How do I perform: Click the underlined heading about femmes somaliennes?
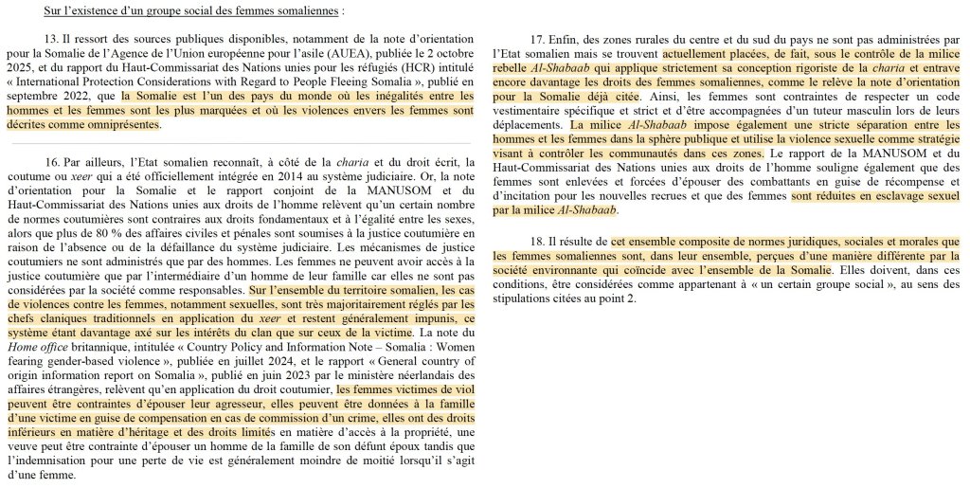click(x=194, y=10)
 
